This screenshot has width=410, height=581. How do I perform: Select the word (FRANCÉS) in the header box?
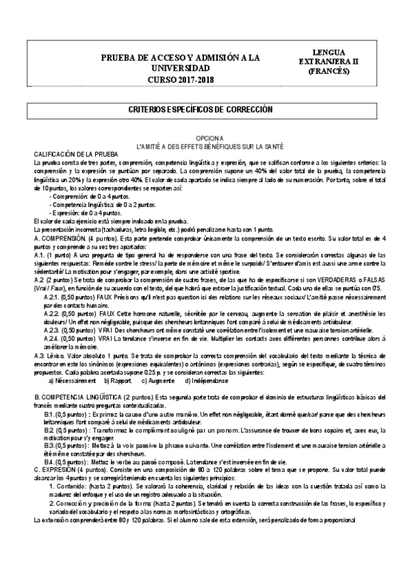point(336,71)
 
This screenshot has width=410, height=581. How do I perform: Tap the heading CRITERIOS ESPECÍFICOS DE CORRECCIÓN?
point(205,110)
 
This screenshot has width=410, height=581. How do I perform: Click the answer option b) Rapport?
point(117,380)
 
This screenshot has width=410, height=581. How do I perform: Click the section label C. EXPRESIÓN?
point(60,471)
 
